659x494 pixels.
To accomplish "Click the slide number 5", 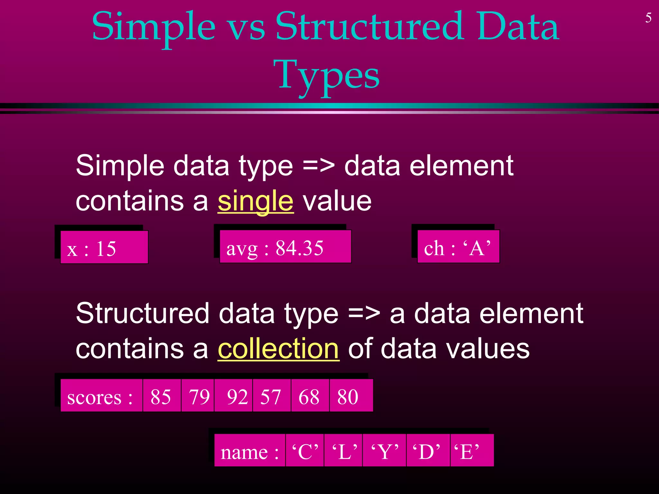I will point(648,18).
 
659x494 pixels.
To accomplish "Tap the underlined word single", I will point(255,201).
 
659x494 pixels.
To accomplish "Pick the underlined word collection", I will point(278,349).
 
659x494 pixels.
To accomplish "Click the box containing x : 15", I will point(104,247).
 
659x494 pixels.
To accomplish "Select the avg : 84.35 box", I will point(285,247).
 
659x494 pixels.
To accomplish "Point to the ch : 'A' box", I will point(458,247).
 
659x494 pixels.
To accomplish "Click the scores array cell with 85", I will point(162,396).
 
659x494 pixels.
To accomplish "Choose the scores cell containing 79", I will point(198,396).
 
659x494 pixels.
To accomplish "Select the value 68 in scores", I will point(310,396).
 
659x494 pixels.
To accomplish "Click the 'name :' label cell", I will point(250,451).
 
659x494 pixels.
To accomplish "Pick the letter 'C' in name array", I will point(305,451).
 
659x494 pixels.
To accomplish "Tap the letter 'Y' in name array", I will point(385,451).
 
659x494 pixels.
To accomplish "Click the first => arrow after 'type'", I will point(319,166).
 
